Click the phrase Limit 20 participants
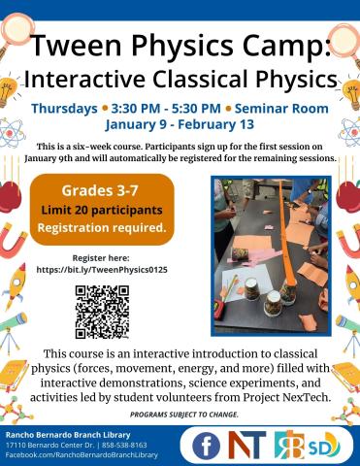click(101, 209)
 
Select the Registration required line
click(101, 228)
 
